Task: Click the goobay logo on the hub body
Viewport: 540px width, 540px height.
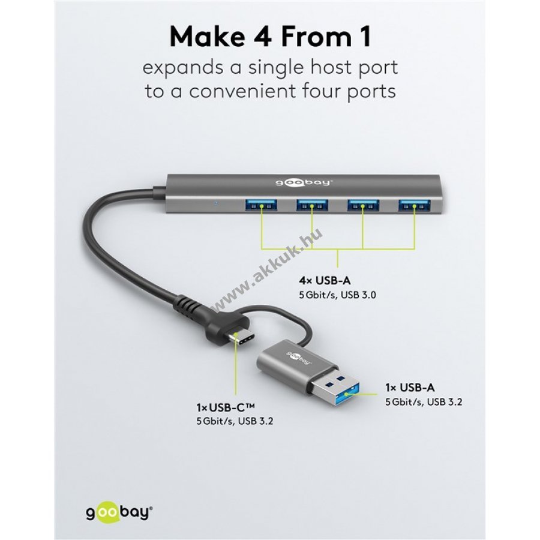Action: pyautogui.click(x=304, y=182)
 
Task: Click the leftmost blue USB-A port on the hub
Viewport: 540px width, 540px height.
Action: pyautogui.click(x=261, y=206)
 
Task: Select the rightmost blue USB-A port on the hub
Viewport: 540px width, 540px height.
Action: pyautogui.click(x=414, y=206)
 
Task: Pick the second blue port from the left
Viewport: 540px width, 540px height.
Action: pyautogui.click(x=313, y=206)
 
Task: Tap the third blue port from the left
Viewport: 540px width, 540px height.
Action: pyautogui.click(x=363, y=206)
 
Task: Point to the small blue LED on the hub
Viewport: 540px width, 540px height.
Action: pyautogui.click(x=216, y=203)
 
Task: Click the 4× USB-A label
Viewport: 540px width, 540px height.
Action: pyautogui.click(x=325, y=281)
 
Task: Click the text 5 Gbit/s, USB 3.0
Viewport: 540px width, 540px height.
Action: pyautogui.click(x=337, y=295)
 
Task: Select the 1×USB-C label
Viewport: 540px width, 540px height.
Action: pyautogui.click(x=226, y=407)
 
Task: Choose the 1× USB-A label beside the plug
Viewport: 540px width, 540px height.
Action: pyautogui.click(x=410, y=388)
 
